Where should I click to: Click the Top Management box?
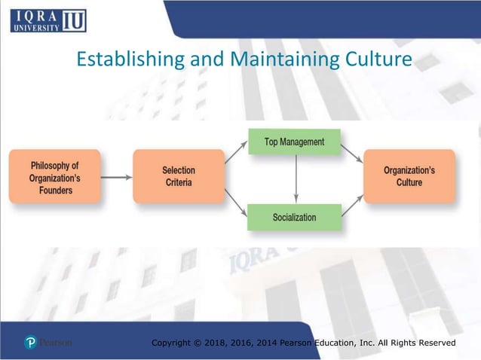(294, 142)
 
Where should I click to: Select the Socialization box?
(294, 218)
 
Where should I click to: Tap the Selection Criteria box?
(178, 176)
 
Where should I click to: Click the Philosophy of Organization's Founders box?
(54, 176)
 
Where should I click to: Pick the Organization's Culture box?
(409, 176)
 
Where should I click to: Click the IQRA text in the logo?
(35, 14)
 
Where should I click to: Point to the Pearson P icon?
(30, 343)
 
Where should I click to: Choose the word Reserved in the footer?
(433, 343)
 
